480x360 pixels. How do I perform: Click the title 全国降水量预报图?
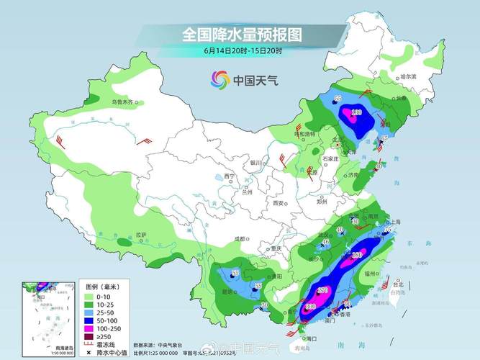[241, 34]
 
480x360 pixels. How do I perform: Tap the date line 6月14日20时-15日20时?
[241, 51]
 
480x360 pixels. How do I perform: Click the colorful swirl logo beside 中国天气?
[219, 80]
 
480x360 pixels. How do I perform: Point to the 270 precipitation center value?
[322, 290]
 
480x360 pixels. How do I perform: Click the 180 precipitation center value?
[356, 256]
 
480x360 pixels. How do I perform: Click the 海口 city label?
[312, 338]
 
